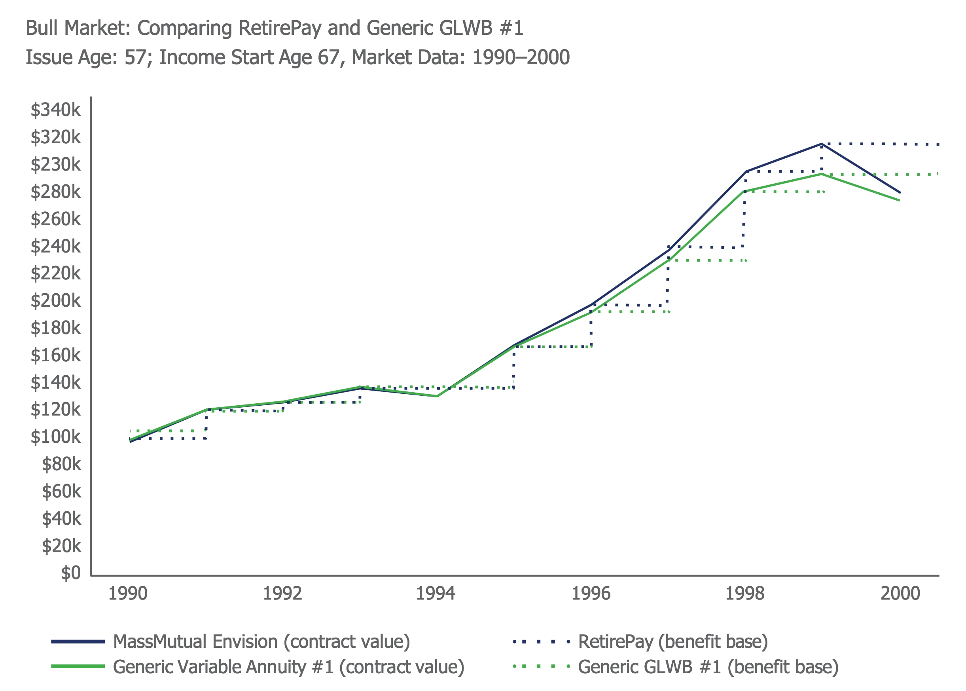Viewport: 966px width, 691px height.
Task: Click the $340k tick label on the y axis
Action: click(55, 110)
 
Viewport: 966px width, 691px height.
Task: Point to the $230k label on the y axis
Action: click(55, 164)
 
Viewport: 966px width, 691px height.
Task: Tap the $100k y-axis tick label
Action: click(55, 437)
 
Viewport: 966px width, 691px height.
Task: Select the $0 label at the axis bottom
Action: click(70, 573)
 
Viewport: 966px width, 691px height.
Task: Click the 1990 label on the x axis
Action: click(127, 594)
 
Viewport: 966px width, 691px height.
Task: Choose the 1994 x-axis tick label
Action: click(436, 594)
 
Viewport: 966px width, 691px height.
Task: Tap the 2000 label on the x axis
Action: click(900, 594)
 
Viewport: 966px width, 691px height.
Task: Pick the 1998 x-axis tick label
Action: click(744, 594)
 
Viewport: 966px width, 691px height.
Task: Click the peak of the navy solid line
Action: click(822, 144)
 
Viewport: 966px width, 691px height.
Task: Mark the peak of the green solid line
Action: click(822, 174)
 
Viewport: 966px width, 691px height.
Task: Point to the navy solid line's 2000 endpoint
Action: click(900, 193)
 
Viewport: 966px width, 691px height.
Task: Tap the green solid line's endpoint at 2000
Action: click(899, 200)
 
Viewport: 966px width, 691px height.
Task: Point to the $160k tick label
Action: click(55, 355)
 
